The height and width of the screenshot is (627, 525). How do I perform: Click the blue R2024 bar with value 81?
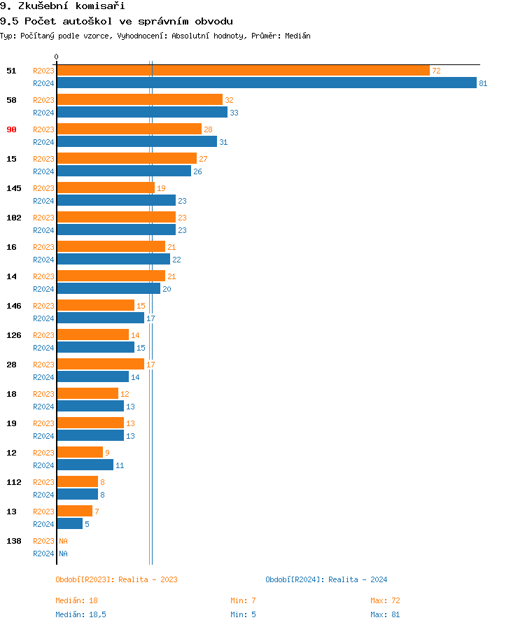[266, 83]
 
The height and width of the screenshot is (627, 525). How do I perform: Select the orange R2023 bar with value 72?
[243, 71]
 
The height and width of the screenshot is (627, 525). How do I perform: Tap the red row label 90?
[11, 129]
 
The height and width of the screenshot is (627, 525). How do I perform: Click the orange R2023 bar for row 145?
[106, 188]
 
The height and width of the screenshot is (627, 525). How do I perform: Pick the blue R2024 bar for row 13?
[69, 524]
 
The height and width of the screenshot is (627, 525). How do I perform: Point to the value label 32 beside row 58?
[229, 100]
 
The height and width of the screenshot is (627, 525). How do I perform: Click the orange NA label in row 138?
[63, 541]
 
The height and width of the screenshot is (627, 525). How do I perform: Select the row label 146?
[13, 306]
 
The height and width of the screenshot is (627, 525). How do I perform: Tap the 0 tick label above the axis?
[57, 57]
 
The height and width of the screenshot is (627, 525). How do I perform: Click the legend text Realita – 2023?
[148, 579]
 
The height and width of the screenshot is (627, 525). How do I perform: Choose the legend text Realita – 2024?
[358, 579]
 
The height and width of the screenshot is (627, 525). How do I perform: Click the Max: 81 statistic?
[385, 614]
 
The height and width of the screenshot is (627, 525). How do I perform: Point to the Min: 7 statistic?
[243, 600]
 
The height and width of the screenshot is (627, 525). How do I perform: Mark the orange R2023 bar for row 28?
[100, 365]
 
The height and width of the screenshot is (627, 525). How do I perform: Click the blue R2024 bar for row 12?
[85, 465]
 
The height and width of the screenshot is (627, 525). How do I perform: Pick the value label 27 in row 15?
[203, 159]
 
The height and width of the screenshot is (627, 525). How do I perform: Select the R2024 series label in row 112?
[43, 495]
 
